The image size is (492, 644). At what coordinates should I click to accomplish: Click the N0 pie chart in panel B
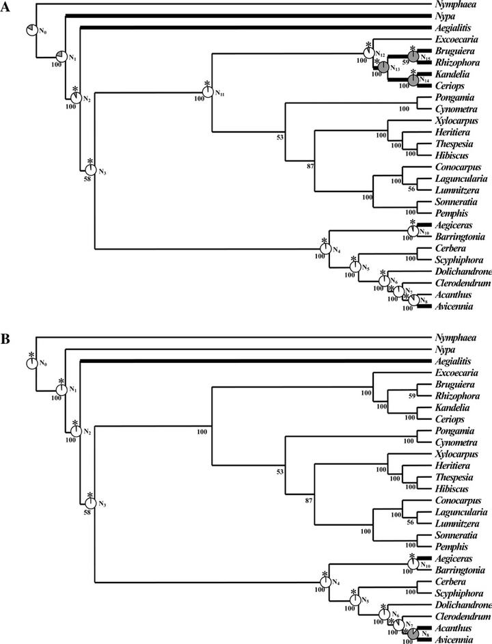pyautogui.click(x=31, y=362)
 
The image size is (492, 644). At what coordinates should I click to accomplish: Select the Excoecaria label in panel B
pyautogui.click(x=456, y=374)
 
